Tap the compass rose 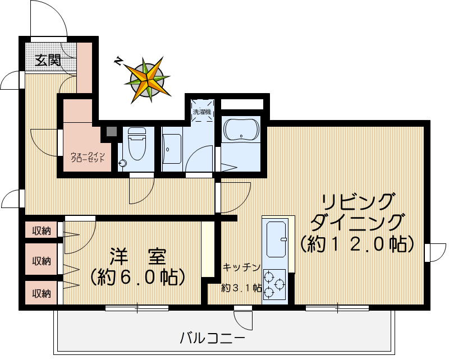[x=147, y=79]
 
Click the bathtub [x=241, y=131]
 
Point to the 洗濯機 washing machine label [x=201, y=112]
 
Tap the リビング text [x=358, y=201]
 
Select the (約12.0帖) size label [x=357, y=244]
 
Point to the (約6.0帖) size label [x=137, y=276]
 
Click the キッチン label [x=241, y=267]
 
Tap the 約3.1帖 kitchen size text [x=241, y=288]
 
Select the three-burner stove [x=274, y=285]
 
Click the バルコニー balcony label [x=212, y=339]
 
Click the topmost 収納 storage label [x=41, y=230]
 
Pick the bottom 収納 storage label [x=41, y=293]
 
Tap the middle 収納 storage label [x=41, y=261]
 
